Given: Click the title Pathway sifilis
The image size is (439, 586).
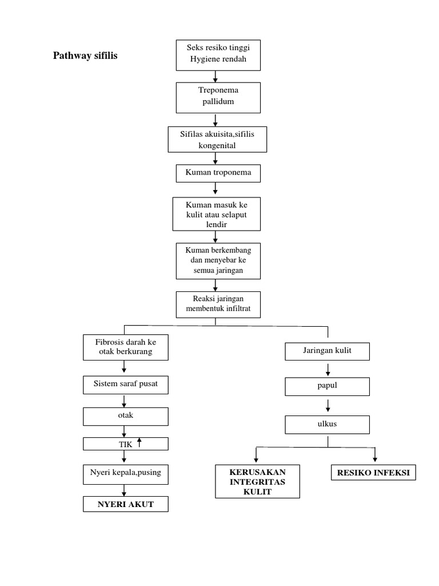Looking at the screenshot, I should click(85, 56).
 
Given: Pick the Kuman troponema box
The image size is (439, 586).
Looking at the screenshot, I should click(214, 172).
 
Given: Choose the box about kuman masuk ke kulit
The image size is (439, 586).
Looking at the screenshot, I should click(215, 213).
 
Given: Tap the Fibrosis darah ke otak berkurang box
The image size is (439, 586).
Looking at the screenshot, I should click(126, 347).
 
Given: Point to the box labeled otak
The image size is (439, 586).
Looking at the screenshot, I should click(126, 416).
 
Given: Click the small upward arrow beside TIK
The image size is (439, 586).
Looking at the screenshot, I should click(139, 442).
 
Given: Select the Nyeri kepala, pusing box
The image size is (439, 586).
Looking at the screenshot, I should click(126, 474).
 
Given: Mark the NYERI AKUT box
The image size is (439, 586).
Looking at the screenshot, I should click(126, 504).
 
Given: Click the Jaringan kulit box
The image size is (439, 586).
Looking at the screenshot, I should click(328, 351).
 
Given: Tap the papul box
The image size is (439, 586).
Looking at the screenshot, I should click(328, 386).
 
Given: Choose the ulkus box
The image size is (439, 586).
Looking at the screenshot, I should click(328, 425).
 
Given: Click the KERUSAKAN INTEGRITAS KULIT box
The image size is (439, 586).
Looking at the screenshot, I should click(257, 481).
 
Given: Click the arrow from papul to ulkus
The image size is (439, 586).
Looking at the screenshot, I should click(328, 405).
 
